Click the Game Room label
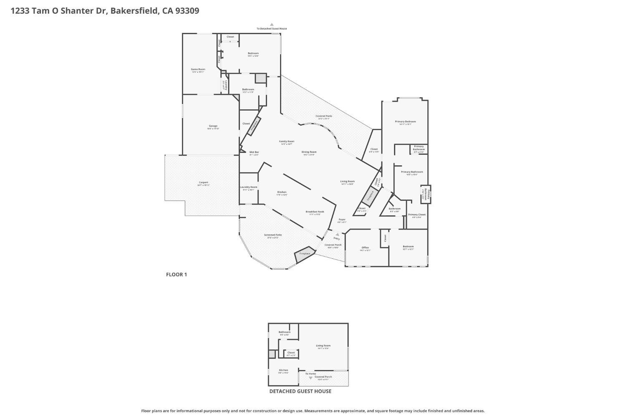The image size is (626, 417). pos(198,69)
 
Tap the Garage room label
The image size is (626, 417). pos(213,126)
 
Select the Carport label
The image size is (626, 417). pos(203,182)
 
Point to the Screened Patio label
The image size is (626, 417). pos(273,235)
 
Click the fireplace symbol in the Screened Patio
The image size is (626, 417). pos(305,254)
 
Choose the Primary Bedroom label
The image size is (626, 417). pos(405,121)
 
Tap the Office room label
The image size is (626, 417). pos(365,248)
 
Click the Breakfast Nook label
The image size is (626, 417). pos(315,212)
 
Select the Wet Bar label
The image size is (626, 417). pos(254,152)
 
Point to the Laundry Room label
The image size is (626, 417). pos(249,187)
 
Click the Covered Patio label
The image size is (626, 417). pos(324,116)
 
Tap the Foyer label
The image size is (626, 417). pos(342,220)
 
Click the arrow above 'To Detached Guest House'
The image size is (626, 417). pos(272,25)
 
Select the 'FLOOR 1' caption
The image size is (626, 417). pos(177,274)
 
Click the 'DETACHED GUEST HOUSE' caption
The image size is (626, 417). pos(300,391)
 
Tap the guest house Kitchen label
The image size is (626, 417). pos(283,370)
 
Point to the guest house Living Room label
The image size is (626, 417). pos(323,346)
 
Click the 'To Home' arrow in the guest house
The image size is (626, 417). pos(310,378)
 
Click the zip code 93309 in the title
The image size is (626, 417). pos(187,11)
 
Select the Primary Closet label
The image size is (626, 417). pos(416,215)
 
